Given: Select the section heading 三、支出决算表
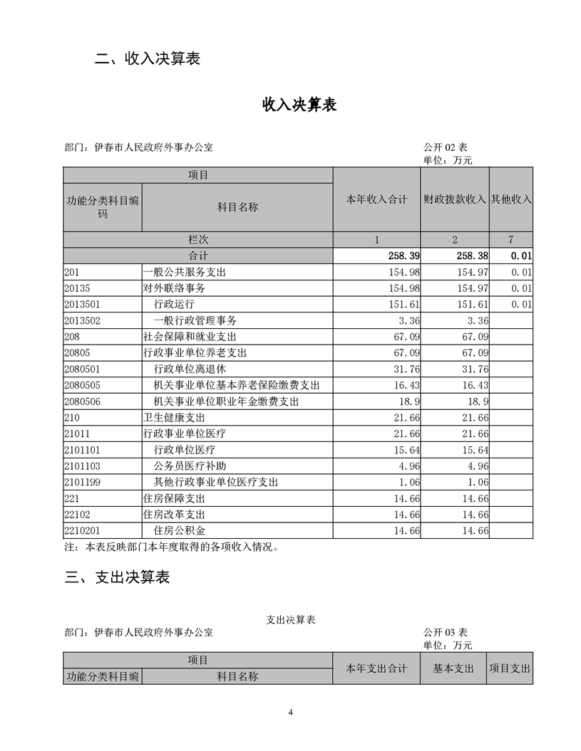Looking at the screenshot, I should pyautogui.click(x=117, y=577).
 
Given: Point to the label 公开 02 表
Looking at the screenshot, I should pyautogui.click(x=445, y=147).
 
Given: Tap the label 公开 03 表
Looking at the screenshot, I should pyautogui.click(x=445, y=632).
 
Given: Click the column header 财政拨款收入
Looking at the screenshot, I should pyautogui.click(x=454, y=199).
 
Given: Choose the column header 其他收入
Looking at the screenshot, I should pyautogui.click(x=511, y=199).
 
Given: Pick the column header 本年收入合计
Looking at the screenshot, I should pyautogui.click(x=376, y=199).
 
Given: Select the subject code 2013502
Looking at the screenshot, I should pyautogui.click(x=82, y=321).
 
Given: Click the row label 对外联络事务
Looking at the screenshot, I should pyautogui.click(x=174, y=289).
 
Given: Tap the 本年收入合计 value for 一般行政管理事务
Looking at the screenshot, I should pyautogui.click(x=410, y=321).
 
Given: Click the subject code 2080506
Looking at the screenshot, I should pyautogui.click(x=82, y=401).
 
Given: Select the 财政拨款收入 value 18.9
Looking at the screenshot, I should pyautogui.click(x=478, y=401).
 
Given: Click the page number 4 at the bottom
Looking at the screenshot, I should pyautogui.click(x=291, y=712).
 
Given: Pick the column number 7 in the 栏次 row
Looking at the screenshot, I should pyautogui.click(x=511, y=240).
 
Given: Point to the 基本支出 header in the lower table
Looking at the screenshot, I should pyautogui.click(x=453, y=668).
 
